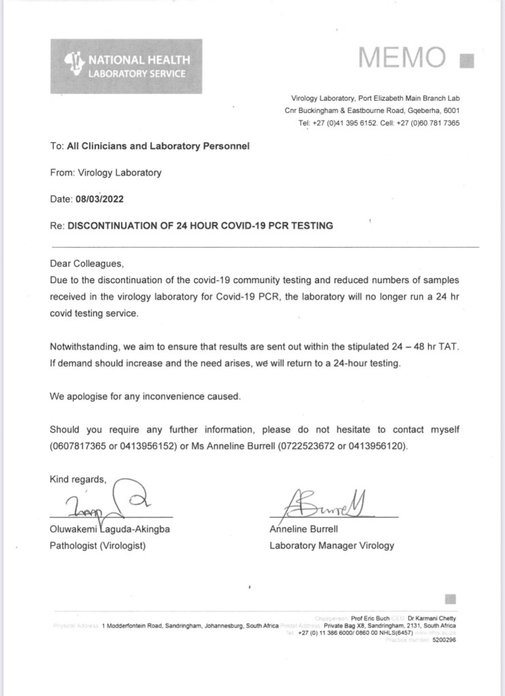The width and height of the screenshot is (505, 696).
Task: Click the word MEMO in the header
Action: (x=402, y=59)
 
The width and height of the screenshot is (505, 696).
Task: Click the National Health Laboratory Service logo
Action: (x=126, y=66)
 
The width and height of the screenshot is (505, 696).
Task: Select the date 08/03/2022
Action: (x=98, y=199)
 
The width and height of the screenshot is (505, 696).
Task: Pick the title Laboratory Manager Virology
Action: (x=331, y=545)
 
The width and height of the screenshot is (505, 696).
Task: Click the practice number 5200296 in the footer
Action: (x=443, y=640)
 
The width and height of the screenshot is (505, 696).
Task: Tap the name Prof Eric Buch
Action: (x=370, y=618)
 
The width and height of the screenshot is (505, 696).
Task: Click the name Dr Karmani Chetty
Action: (x=432, y=618)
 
